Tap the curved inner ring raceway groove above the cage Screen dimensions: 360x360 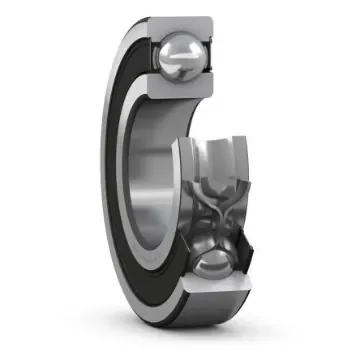(x=215, y=150)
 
